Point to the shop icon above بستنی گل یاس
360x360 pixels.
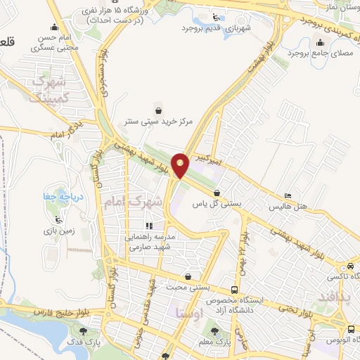coord(217,193)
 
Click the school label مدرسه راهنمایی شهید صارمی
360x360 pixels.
coord(148,243)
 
